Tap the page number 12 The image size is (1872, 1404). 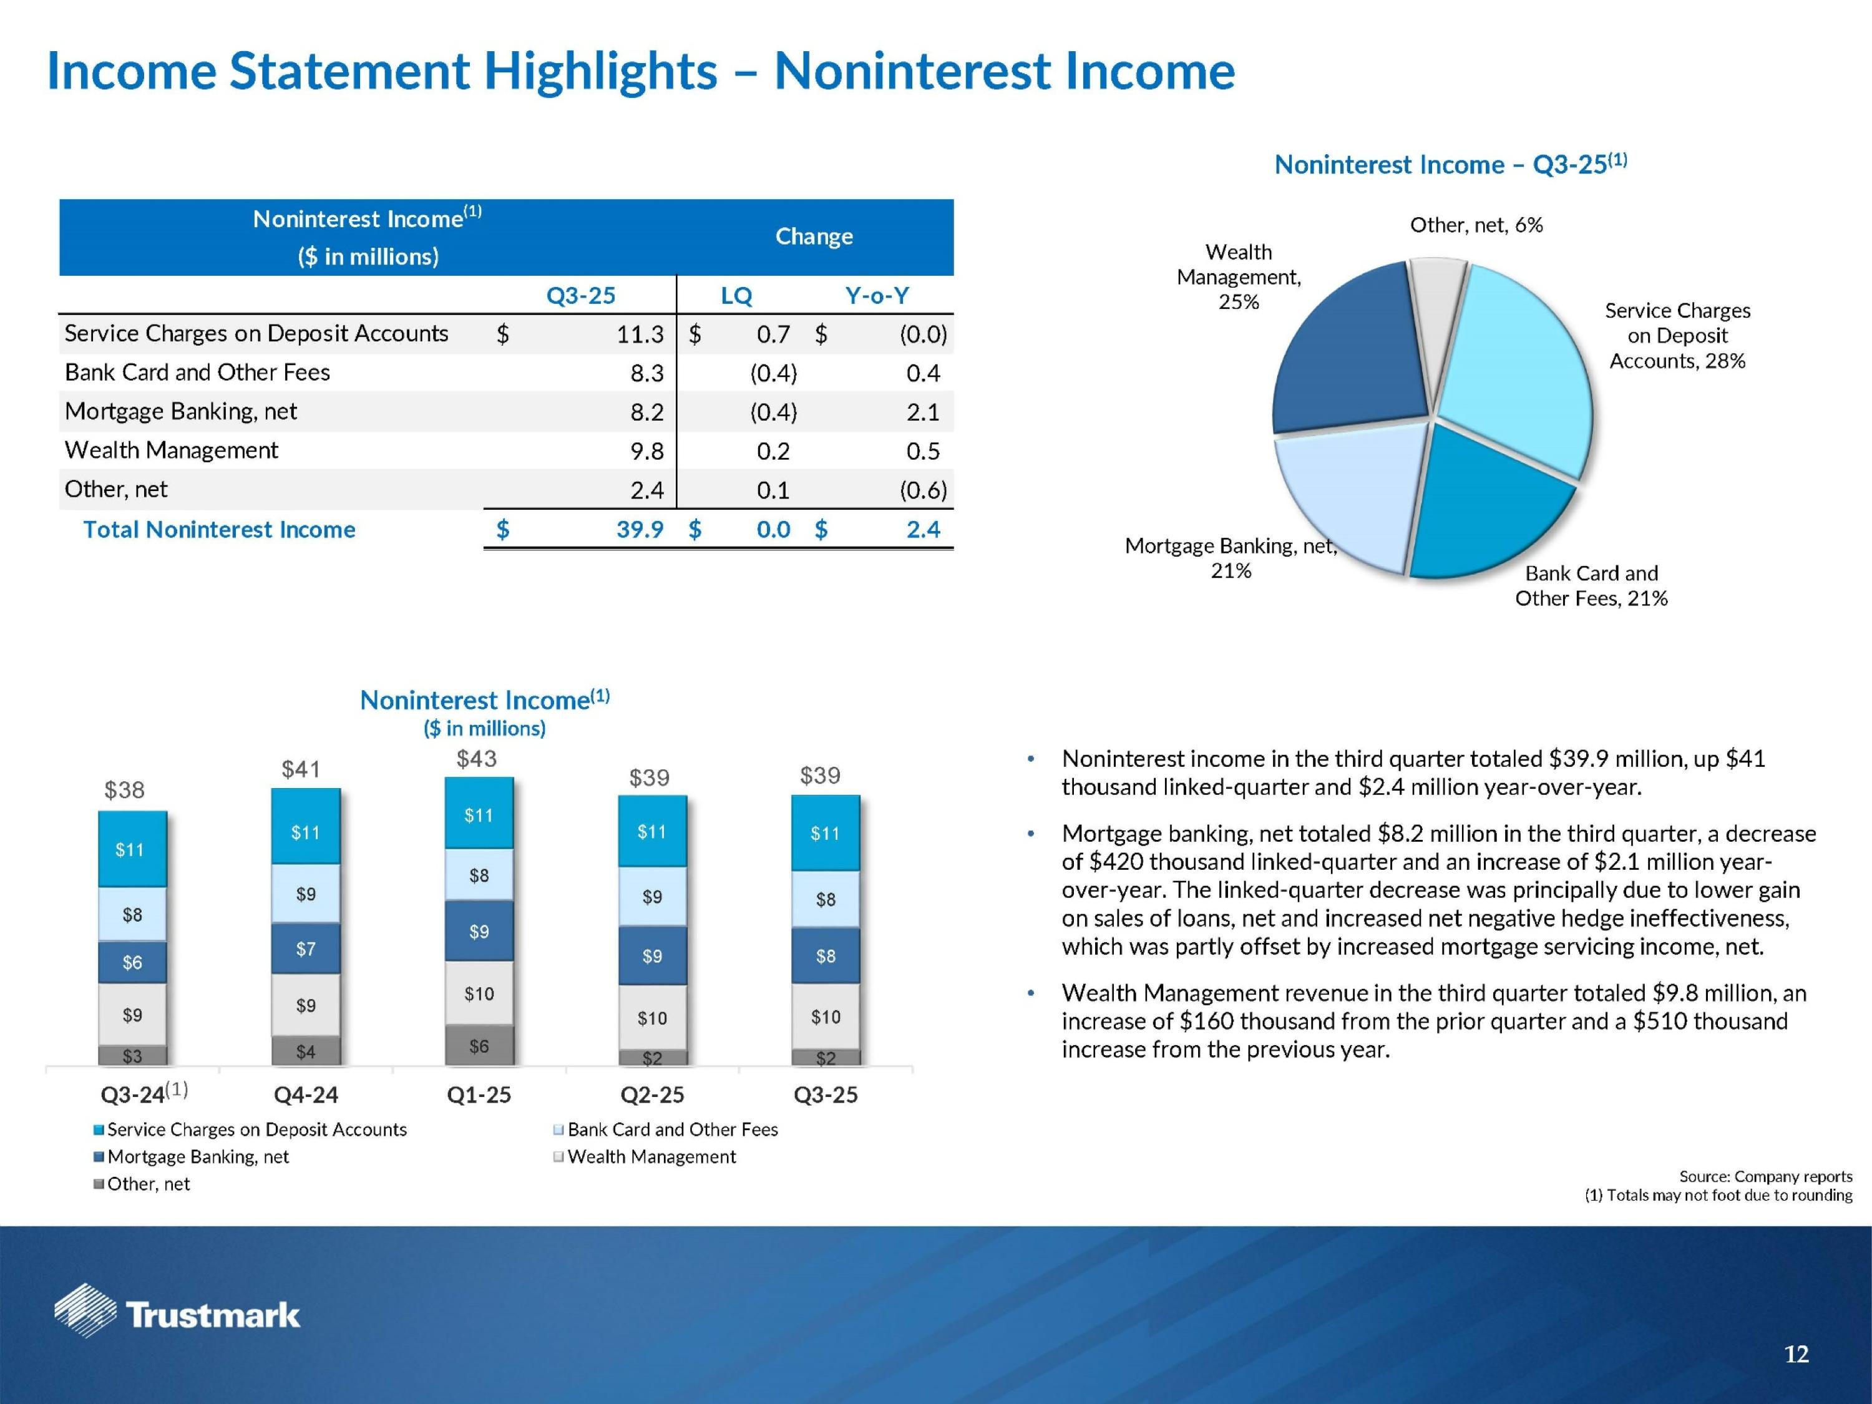pos(1796,1355)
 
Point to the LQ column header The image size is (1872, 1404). pos(736,295)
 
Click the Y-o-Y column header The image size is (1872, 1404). pos(877,295)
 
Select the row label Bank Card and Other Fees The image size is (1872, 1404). pos(197,373)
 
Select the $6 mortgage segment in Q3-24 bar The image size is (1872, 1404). pos(132,962)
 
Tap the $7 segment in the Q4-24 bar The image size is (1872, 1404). pos(306,948)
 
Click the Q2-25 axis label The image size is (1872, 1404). pos(651,1095)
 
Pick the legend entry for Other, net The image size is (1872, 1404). pos(148,1184)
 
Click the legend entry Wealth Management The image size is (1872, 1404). pos(651,1157)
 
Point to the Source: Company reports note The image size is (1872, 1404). pos(1765,1176)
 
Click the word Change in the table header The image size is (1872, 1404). pos(814,236)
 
